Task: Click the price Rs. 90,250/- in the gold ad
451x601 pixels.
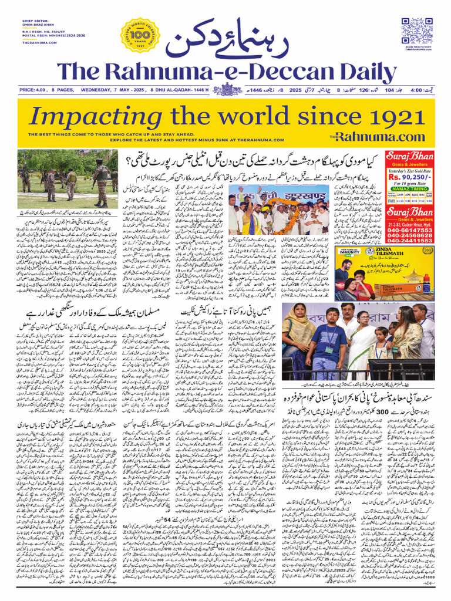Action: click(410, 176)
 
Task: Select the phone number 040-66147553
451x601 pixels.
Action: click(410, 230)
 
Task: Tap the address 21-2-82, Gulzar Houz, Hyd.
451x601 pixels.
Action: click(410, 221)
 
